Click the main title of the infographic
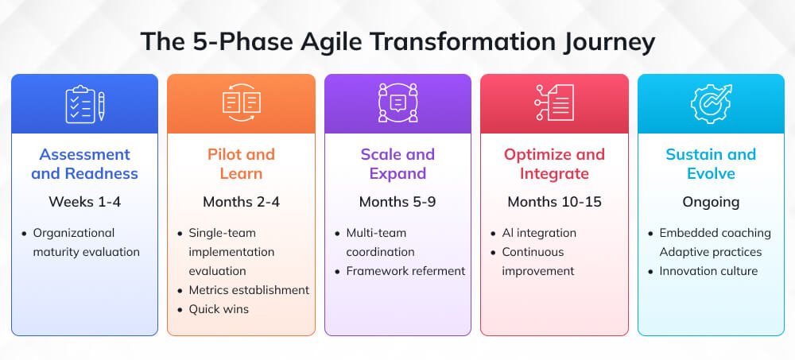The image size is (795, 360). pos(397,41)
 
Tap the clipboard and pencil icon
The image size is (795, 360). pos(84,104)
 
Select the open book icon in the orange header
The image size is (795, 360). pos(241,104)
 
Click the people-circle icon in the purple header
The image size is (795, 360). pos(397,103)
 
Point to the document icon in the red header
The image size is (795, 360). pos(554,103)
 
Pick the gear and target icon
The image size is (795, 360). pos(711,104)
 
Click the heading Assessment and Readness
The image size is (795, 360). pos(84,164)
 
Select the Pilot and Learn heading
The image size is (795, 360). pos(241,164)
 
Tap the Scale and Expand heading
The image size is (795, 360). pos(397,164)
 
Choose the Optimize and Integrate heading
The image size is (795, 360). pos(554,164)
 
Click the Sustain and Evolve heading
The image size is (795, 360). pos(711,164)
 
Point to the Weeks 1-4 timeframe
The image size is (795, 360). pos(84,202)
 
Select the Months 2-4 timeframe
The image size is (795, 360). pos(241,202)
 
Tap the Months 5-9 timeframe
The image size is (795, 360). pos(397,202)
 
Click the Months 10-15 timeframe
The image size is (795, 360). pos(554,202)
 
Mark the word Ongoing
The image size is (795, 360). pos(711,202)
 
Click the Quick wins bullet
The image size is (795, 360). pos(218,309)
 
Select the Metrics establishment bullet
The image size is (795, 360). pos(248,290)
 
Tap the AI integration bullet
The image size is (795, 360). pos(538,233)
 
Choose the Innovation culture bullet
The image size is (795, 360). pos(708,271)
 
